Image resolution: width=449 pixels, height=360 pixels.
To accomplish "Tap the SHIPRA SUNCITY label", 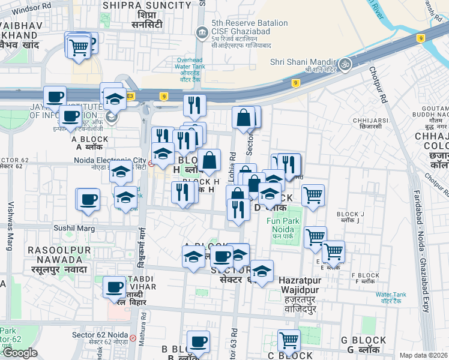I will (x=147, y=5).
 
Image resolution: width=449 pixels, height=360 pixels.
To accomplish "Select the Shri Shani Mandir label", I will (x=302, y=61).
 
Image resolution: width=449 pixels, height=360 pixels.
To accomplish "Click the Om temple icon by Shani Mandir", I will (x=345, y=63).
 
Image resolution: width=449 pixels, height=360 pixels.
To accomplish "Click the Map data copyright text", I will (x=423, y=355).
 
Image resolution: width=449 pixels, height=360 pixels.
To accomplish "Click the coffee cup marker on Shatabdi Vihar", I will (x=114, y=287).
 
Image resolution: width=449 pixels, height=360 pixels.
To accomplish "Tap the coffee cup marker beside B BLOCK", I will (x=198, y=343).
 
